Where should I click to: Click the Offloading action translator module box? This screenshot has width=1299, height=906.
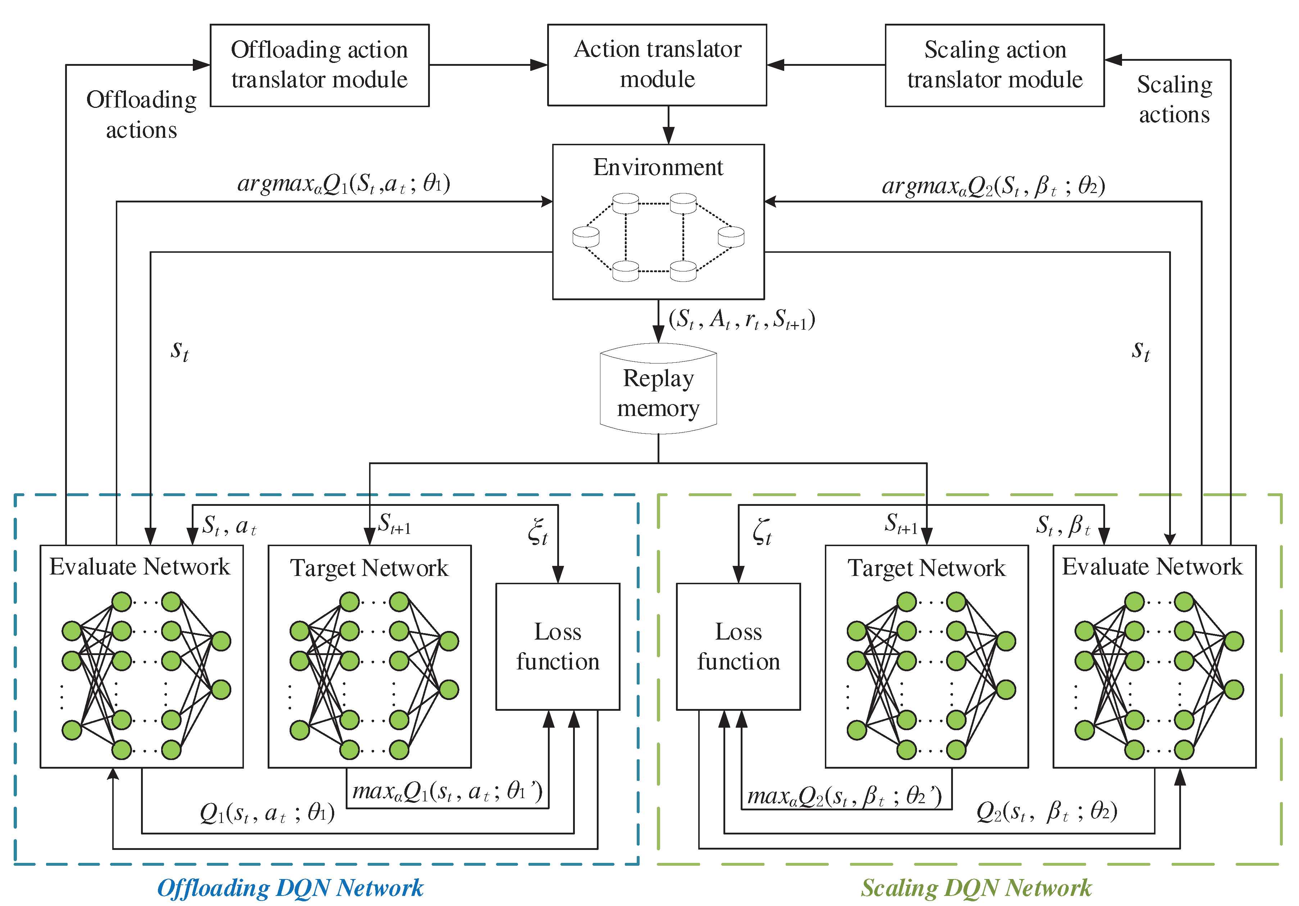coord(320,65)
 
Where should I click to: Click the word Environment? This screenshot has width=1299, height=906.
coord(658,168)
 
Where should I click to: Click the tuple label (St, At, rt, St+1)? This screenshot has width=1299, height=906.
coord(741,320)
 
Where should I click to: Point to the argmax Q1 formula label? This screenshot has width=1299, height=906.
coord(344,184)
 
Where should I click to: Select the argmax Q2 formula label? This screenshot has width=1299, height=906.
coord(993,186)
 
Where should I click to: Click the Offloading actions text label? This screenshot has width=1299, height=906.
coord(141,114)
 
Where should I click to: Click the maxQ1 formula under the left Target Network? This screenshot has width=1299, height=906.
coord(447,791)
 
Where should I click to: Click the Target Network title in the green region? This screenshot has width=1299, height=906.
coord(926,568)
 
